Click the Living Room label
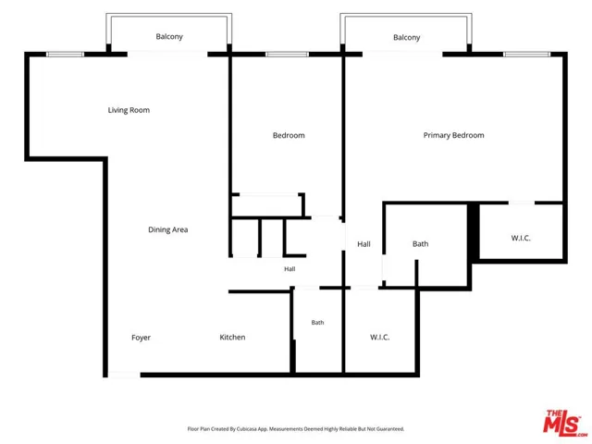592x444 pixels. pyautogui.click(x=129, y=110)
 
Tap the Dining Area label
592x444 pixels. pyautogui.click(x=168, y=229)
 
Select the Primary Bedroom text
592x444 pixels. pyautogui.click(x=453, y=135)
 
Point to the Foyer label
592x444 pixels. pyautogui.click(x=141, y=338)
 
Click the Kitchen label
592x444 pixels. pyautogui.click(x=232, y=337)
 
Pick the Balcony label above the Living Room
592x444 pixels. pyautogui.click(x=169, y=37)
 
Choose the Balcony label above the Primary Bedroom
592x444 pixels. pyautogui.click(x=407, y=37)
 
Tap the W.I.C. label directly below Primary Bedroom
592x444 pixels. pyautogui.click(x=521, y=238)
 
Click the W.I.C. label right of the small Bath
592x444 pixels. pyautogui.click(x=379, y=337)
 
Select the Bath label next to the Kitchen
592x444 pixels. pyautogui.click(x=317, y=323)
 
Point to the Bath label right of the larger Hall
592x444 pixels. pyautogui.click(x=420, y=244)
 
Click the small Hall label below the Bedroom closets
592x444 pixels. pyautogui.click(x=290, y=269)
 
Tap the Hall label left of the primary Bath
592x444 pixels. pyautogui.click(x=364, y=244)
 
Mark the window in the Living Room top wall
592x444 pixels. pyautogui.click(x=65, y=55)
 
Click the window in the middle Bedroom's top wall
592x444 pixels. pyautogui.click(x=287, y=55)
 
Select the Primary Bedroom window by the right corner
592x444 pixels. pyautogui.click(x=526, y=55)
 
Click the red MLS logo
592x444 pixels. pyautogui.click(x=563, y=423)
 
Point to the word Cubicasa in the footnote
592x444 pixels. pyautogui.click(x=247, y=429)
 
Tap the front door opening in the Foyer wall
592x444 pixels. pyautogui.click(x=124, y=375)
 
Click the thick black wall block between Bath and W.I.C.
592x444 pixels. pyautogui.click(x=474, y=231)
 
